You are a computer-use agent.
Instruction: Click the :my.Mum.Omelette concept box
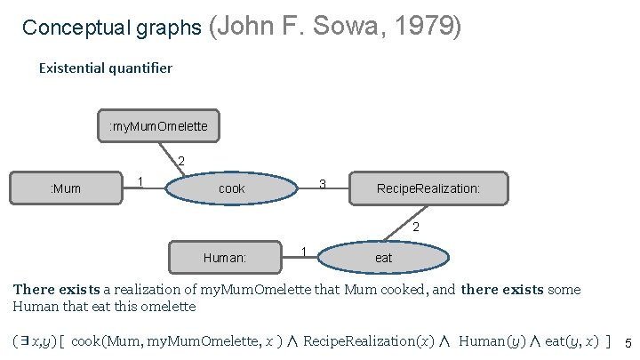point(158,126)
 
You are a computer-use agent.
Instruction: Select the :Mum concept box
point(68,188)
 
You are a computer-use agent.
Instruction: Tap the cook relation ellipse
point(232,188)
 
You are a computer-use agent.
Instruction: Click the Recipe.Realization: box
point(429,188)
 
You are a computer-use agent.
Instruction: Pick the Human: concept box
point(225,258)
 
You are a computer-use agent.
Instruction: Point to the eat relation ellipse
point(383,258)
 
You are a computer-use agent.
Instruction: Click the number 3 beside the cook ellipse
point(323,184)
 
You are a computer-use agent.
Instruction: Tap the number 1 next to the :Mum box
point(140,181)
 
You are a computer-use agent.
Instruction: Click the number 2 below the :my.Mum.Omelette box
point(181,161)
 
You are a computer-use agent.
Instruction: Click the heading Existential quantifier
point(105,68)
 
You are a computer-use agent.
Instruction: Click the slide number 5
point(628,344)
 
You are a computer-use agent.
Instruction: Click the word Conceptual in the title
point(66,28)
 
